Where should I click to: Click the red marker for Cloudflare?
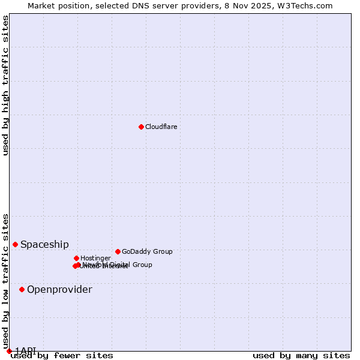(141, 127)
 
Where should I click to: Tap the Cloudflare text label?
(161, 127)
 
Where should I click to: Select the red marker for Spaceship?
(16, 244)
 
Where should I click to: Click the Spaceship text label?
(44, 244)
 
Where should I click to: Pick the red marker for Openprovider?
(22, 289)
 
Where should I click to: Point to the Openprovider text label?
(59, 290)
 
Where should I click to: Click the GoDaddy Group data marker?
(118, 251)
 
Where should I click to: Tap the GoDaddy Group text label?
(147, 251)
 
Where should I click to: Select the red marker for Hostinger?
(76, 258)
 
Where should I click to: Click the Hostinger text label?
(95, 258)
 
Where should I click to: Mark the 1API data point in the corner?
(9, 351)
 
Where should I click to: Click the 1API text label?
(26, 350)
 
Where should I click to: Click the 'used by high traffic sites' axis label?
(5, 85)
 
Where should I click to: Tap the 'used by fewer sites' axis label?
(62, 355)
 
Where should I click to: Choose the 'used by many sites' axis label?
(301, 355)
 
